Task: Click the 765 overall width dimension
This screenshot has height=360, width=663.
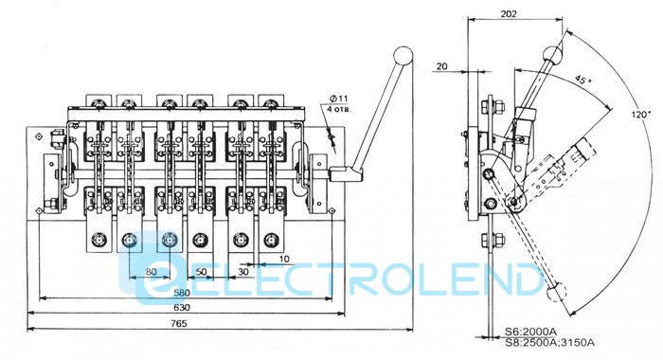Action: coord(179,324)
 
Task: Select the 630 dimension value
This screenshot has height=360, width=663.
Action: coord(182,308)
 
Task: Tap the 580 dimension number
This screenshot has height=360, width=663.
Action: coord(182,292)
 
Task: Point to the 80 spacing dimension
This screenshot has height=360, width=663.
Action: coord(152,272)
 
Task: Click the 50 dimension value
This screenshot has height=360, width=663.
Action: coord(202,272)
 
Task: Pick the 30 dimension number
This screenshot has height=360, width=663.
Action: coord(243,272)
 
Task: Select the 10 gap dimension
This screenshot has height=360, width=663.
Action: coord(284,259)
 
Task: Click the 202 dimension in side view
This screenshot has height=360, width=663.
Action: coord(509,14)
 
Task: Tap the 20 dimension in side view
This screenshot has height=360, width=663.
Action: coord(441,66)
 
